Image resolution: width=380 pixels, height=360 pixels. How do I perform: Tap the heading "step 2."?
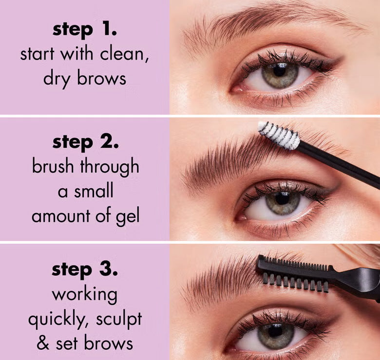(x=85, y=142)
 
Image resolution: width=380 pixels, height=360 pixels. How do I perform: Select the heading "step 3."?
(x=85, y=270)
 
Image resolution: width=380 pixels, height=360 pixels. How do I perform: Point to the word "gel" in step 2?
(x=128, y=216)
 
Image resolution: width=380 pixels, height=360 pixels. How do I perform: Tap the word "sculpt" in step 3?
(x=120, y=319)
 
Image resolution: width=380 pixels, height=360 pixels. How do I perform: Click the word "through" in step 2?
(x=109, y=167)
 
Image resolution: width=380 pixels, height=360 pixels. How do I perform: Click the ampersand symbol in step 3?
(x=44, y=343)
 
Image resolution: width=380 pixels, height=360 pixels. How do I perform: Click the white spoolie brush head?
(x=279, y=135)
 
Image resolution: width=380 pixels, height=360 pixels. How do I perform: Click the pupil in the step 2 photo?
(x=283, y=200)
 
